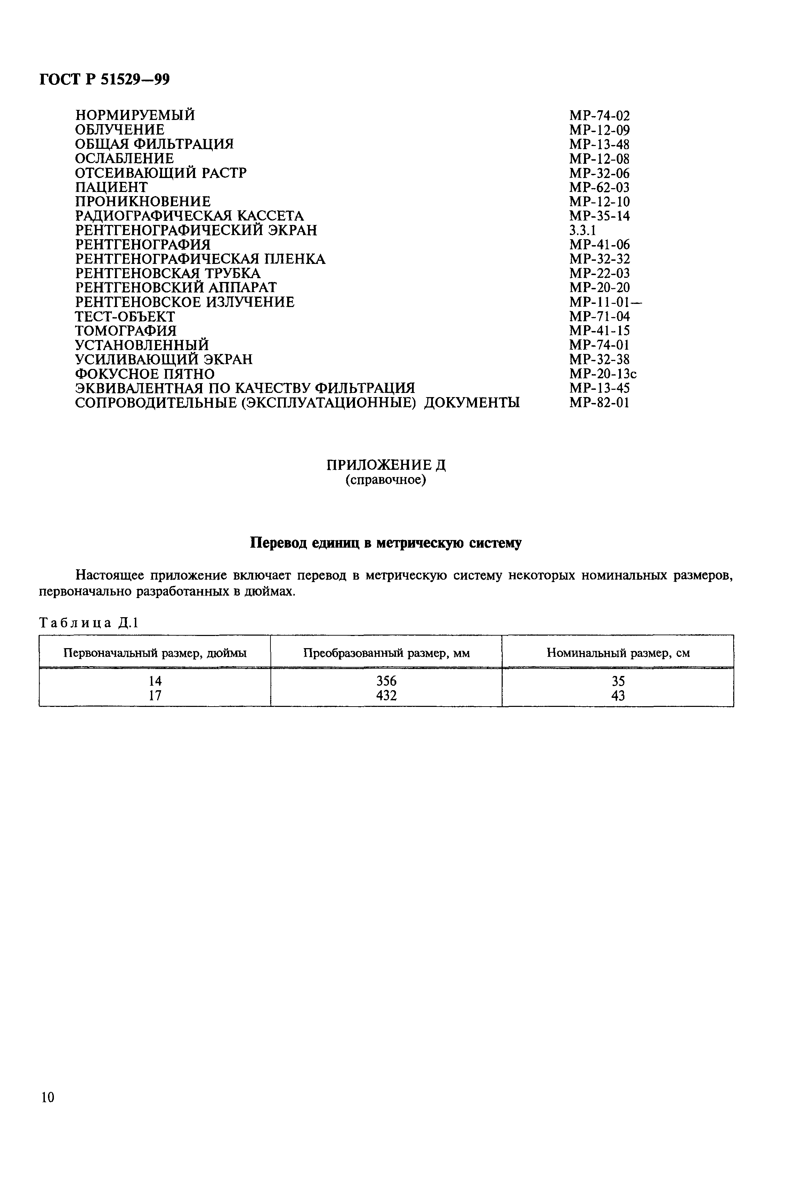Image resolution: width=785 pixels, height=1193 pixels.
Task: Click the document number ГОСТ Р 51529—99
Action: pyautogui.click(x=104, y=79)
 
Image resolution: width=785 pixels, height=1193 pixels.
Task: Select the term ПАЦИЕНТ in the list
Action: pyautogui.click(x=111, y=187)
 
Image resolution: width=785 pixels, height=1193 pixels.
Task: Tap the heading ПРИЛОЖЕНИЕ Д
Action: pyautogui.click(x=386, y=465)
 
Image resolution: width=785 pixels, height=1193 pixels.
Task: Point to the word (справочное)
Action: pyautogui.click(x=386, y=480)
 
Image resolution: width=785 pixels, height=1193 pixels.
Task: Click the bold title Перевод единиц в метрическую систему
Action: pyautogui.click(x=386, y=543)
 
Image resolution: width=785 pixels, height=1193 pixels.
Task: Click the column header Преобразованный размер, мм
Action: pyautogui.click(x=386, y=653)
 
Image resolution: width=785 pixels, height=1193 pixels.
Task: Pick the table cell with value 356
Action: pyautogui.click(x=386, y=681)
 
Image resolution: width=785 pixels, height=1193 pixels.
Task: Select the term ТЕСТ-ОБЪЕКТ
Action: pyautogui.click(x=125, y=317)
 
